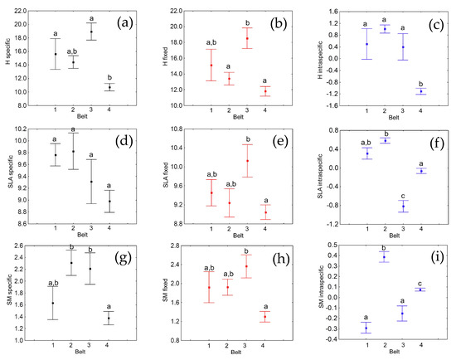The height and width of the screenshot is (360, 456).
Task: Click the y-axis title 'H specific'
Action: [x=9, y=57]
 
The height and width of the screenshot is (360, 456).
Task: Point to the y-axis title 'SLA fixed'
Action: [x=165, y=177]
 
